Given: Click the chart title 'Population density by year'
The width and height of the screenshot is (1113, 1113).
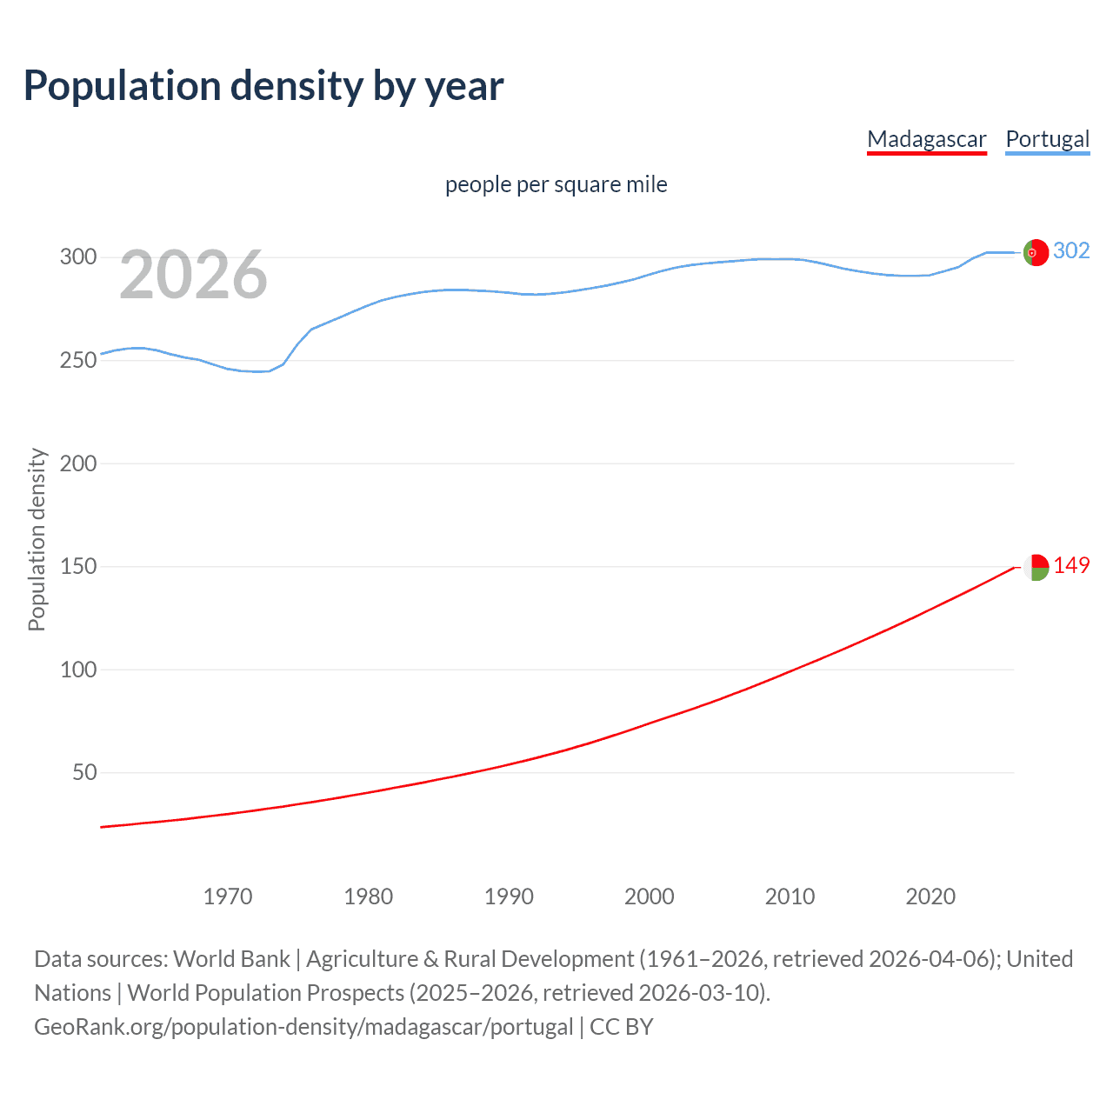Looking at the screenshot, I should [x=263, y=86].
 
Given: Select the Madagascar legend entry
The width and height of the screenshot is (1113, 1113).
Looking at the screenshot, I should [x=927, y=139].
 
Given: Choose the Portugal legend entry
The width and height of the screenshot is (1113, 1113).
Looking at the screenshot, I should [x=1047, y=139].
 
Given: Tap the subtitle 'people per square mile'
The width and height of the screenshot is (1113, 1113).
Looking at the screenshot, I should [x=556, y=184].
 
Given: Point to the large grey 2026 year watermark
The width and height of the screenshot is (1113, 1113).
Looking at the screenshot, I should [x=193, y=275].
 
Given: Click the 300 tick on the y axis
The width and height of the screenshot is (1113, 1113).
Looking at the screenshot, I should [x=78, y=257].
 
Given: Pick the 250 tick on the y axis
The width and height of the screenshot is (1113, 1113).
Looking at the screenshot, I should [x=78, y=360].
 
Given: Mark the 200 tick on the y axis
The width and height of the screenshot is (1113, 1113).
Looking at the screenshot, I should [x=78, y=463].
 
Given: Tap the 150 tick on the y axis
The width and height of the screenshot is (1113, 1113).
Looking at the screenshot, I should [x=78, y=566].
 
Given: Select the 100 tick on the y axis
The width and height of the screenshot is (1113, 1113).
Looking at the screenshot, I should [x=78, y=670].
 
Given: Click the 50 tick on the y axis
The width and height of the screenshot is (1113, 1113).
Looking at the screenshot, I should [x=84, y=772].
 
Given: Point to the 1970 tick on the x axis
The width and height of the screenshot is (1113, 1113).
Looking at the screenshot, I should [x=228, y=896].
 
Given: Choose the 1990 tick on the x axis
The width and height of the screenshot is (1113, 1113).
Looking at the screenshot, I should [x=509, y=896].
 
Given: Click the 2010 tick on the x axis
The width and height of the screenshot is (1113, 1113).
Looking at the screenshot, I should [x=790, y=896].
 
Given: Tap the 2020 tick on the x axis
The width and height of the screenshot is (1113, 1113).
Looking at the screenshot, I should [x=930, y=896].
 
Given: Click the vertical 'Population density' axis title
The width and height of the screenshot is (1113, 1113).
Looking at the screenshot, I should [x=37, y=539].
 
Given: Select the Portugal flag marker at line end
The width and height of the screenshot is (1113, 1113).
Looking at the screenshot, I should [x=1036, y=252].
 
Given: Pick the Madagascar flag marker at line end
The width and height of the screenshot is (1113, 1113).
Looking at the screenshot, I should [x=1036, y=567].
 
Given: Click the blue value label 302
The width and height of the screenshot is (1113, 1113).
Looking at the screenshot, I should [x=1071, y=251].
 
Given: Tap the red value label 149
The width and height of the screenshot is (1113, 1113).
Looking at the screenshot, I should [x=1071, y=566].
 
